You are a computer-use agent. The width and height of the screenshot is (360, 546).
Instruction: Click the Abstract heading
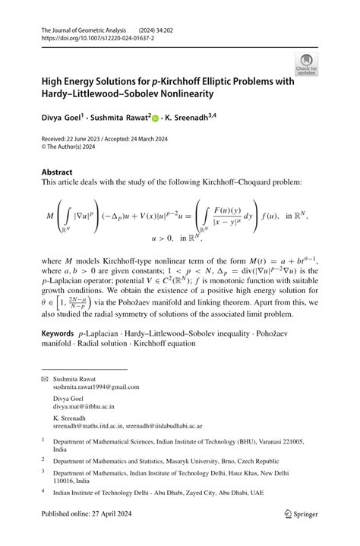pyautogui.click(x=57, y=172)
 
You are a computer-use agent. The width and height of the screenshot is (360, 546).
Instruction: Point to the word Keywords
pyautogui.click(x=58, y=333)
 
